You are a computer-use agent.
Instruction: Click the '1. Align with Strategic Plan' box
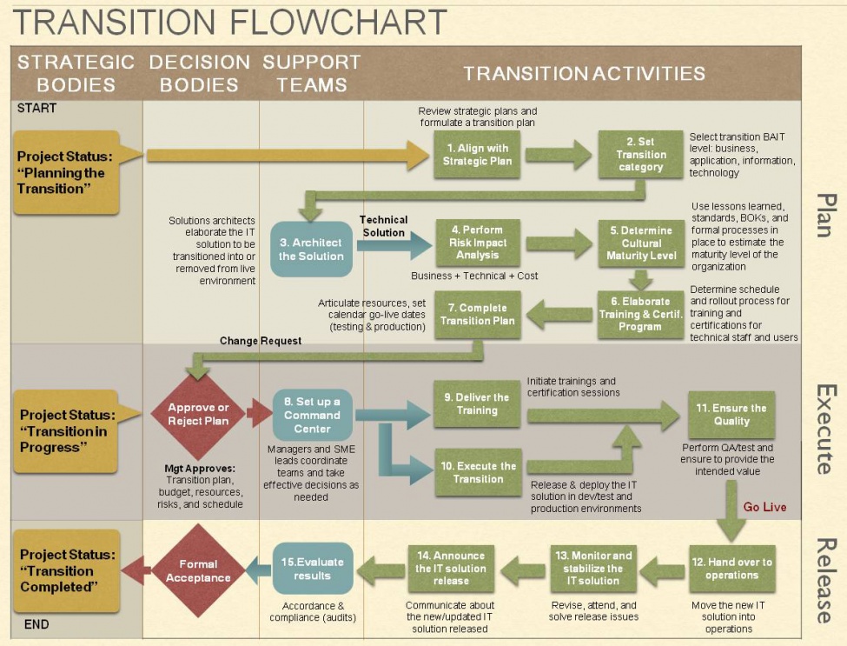point(477,155)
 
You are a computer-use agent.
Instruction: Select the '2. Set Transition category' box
point(641,155)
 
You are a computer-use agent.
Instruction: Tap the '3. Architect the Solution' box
point(311,250)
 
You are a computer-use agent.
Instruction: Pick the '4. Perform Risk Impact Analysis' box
point(477,243)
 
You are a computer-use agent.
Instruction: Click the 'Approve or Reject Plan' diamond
point(198,414)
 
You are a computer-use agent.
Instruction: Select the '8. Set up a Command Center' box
point(312,416)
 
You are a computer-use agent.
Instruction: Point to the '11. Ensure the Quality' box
point(731,415)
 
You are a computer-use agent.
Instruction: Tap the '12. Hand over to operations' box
point(731,569)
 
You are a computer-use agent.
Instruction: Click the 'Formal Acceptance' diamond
point(198,570)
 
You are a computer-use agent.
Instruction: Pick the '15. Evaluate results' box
point(312,569)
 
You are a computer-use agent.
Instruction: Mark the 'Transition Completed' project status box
point(67,570)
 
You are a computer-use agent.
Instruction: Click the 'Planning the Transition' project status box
point(67,172)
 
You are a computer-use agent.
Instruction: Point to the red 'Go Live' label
point(764,507)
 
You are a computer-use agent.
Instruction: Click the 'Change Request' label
point(260,341)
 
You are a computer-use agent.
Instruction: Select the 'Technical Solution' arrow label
point(383,226)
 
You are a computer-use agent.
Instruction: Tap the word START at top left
point(36,109)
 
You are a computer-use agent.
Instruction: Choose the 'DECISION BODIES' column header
point(199,74)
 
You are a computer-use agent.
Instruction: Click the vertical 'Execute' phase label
point(824,429)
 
